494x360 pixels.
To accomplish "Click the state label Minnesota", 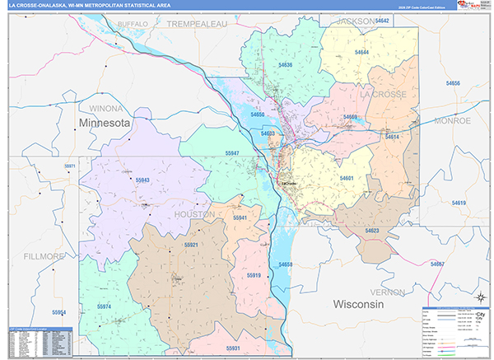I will point(105,122).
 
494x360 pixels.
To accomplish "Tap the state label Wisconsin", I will point(359,305).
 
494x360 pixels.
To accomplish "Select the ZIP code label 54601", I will point(347,178).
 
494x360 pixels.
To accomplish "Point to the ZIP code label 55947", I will point(232,154).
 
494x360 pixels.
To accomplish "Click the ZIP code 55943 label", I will point(142,180).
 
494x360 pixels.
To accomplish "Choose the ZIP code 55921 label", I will point(191,245).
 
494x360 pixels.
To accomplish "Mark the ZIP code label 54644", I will point(361,53).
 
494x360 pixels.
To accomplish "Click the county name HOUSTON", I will point(194,213).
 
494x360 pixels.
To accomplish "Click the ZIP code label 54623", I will point(371,231).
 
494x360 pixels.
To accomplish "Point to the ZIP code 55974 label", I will point(104,306).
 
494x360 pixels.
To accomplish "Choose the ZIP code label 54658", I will point(286,264).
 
